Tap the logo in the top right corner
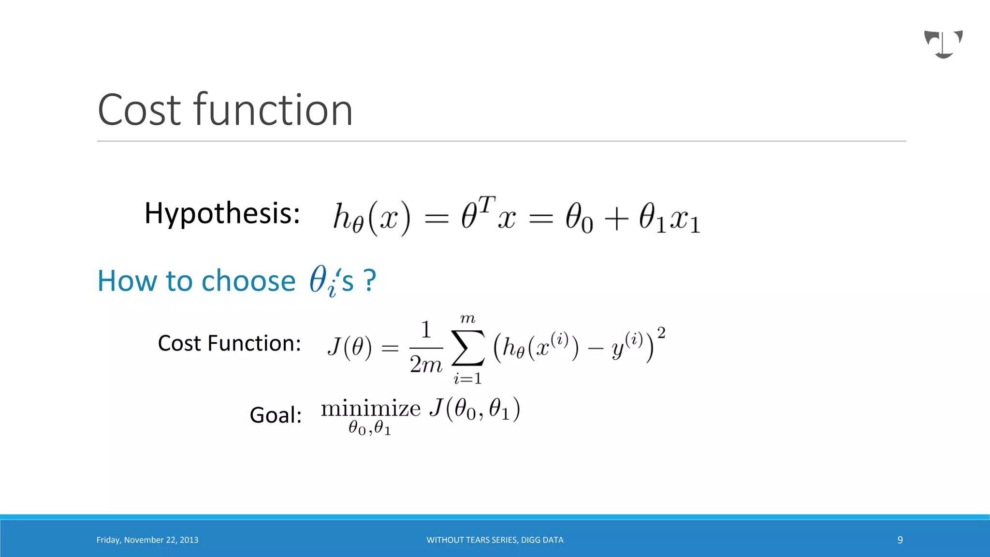tap(943, 44)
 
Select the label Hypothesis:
tap(222, 213)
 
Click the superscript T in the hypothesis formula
tap(487, 205)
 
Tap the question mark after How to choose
tap(370, 280)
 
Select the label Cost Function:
tap(229, 343)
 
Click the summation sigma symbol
tap(467, 348)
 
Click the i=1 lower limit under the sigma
tap(467, 379)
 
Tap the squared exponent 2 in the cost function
tap(661, 333)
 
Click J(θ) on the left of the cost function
tap(349, 347)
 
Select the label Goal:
tap(276, 415)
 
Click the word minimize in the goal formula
tap(371, 409)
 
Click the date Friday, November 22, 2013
tap(147, 540)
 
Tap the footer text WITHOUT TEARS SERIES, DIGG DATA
tap(495, 540)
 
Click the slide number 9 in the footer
tap(900, 540)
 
